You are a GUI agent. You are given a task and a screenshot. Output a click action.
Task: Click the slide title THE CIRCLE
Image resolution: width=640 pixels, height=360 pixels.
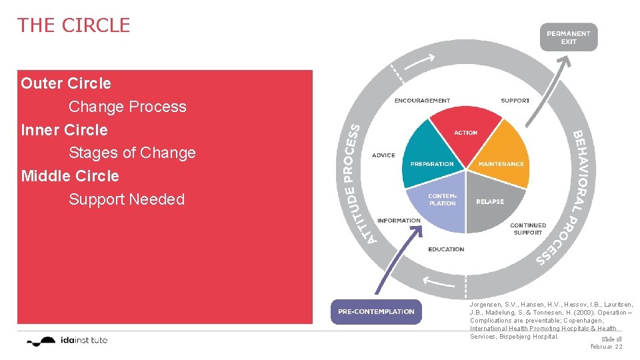click(x=74, y=25)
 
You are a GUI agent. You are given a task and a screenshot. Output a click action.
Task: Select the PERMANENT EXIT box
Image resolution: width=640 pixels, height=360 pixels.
click(x=568, y=37)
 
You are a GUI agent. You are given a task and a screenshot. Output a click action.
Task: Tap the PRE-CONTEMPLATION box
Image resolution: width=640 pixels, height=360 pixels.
click(x=376, y=311)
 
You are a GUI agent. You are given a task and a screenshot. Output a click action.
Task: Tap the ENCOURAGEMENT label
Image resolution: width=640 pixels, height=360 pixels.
click(x=422, y=101)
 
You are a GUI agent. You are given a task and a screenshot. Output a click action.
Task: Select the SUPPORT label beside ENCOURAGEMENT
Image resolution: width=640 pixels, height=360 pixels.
click(x=515, y=101)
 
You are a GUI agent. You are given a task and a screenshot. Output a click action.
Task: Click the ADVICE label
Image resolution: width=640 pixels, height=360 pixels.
click(x=383, y=155)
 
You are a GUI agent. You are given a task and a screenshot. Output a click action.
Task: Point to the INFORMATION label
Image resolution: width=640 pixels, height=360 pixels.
click(x=399, y=221)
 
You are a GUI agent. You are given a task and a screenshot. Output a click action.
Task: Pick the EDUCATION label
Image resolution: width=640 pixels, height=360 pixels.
click(x=446, y=249)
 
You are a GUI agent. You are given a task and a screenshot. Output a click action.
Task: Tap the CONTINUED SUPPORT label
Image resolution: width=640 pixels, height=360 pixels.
click(x=528, y=229)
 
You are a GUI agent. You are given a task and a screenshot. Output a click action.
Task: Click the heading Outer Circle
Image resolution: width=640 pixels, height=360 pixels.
click(x=66, y=83)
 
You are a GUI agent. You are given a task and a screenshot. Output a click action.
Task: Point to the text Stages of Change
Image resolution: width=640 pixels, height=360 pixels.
click(x=132, y=153)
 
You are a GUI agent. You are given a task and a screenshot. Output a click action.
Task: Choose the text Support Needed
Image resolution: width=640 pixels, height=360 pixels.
click(x=127, y=199)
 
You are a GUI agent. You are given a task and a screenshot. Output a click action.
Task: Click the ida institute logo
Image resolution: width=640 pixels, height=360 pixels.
click(x=67, y=341)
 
